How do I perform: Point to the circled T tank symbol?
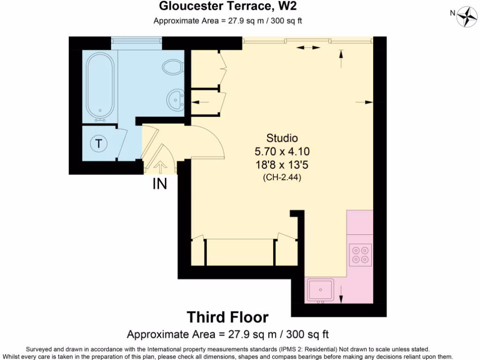click(98, 143)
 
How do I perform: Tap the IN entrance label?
click(160, 184)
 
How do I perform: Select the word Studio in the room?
click(282, 138)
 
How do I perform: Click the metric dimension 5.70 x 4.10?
click(282, 151)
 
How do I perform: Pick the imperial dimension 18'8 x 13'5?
click(282, 165)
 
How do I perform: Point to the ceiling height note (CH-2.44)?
click(282, 178)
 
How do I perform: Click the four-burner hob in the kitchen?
click(360, 254)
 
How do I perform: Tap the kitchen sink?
click(321, 290)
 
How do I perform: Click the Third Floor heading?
click(228, 317)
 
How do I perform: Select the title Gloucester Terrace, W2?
click(228, 6)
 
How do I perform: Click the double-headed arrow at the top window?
click(307, 47)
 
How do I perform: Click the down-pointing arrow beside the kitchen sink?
click(341, 294)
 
